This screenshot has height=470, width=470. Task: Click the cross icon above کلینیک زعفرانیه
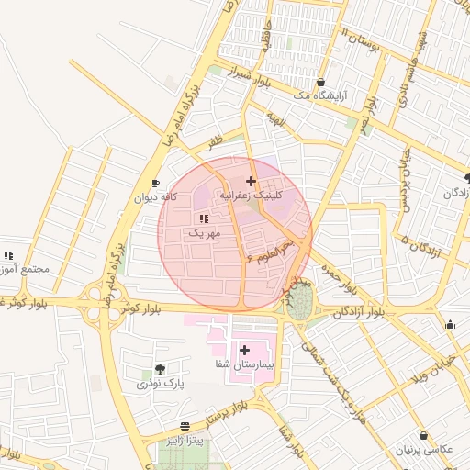pyautogui.click(x=251, y=181)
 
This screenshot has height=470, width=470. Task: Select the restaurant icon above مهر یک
pyautogui.click(x=203, y=218)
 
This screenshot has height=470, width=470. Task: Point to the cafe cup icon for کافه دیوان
pyautogui.click(x=155, y=183)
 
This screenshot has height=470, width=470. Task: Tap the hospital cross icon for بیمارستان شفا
pyautogui.click(x=244, y=350)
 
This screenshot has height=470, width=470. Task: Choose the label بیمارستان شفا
pyautogui.click(x=244, y=364)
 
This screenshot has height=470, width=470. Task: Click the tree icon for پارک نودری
pyautogui.click(x=161, y=369)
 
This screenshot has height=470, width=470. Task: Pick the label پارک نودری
pyautogui.click(x=161, y=384)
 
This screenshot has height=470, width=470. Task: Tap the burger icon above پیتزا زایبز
pyautogui.click(x=186, y=427)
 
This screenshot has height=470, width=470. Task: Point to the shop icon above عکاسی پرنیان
pyautogui.click(x=423, y=435)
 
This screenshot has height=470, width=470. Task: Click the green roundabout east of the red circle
pyautogui.click(x=299, y=301)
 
